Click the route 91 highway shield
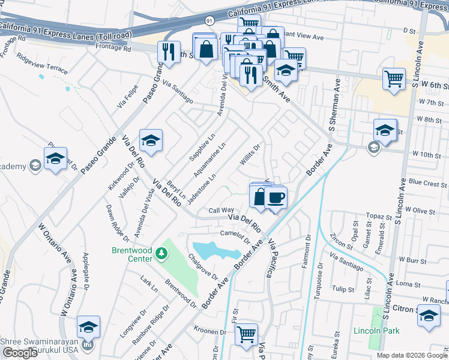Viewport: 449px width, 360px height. coord(209,20)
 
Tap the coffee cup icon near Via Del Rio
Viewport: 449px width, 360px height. coord(276,197)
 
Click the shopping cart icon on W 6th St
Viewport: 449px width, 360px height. coord(393,78)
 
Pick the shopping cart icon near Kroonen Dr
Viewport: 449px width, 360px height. coord(246,334)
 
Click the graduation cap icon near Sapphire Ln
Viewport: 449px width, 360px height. coord(150,141)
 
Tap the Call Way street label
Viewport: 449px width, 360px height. coord(221,210)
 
